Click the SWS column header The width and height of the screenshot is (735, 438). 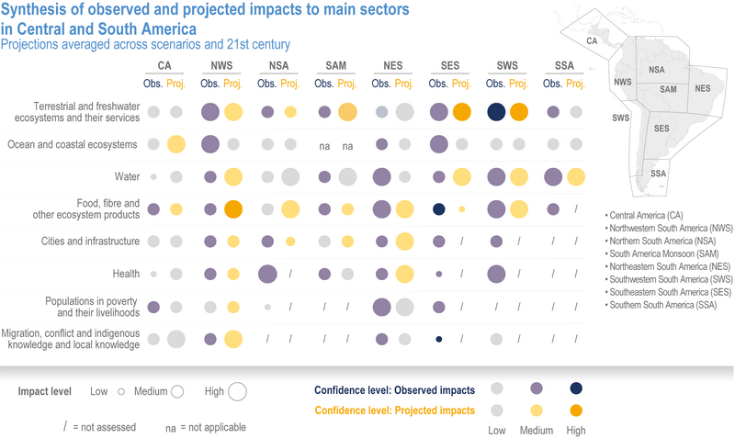click(x=507, y=65)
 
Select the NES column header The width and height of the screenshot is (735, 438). click(x=393, y=65)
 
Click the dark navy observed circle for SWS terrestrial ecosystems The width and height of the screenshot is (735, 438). click(x=496, y=112)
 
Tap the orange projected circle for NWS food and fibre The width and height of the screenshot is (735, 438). click(x=233, y=209)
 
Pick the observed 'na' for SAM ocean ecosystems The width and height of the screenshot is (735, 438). click(x=324, y=146)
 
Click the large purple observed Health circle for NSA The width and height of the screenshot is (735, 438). click(x=267, y=274)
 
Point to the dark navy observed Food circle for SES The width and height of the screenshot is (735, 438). click(x=439, y=209)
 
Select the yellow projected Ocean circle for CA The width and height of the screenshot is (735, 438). click(x=175, y=144)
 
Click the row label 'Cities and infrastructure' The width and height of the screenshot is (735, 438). click(x=90, y=241)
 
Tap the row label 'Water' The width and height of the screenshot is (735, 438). click(x=127, y=176)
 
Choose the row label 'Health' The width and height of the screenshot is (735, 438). click(x=126, y=274)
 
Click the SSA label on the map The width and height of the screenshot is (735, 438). click(x=658, y=174)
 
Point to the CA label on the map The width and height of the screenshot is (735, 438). click(x=592, y=40)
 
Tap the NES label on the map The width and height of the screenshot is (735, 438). click(x=703, y=88)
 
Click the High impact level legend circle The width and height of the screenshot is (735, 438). click(x=237, y=391)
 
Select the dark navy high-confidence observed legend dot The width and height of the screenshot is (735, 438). click(x=576, y=388)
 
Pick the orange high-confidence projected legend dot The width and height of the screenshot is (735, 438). click(x=576, y=410)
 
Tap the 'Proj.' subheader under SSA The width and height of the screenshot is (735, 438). click(x=575, y=84)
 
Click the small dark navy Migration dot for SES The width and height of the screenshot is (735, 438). click(x=439, y=339)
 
